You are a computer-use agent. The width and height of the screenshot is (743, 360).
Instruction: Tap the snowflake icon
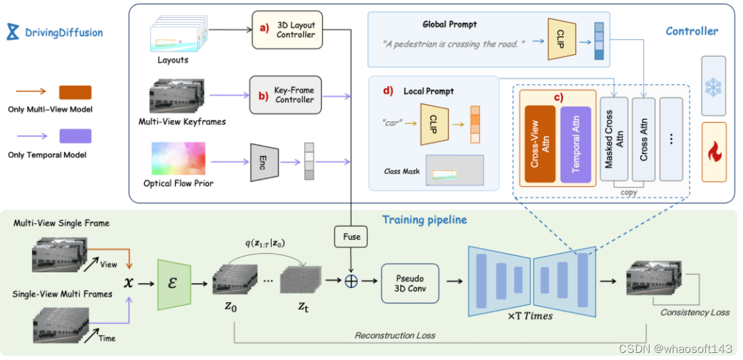click(713, 86)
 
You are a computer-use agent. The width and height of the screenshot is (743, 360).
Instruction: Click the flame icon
click(714, 150)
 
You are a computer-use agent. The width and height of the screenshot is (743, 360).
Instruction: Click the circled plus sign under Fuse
click(350, 282)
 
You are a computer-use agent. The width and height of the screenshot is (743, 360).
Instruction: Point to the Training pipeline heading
click(424, 220)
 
